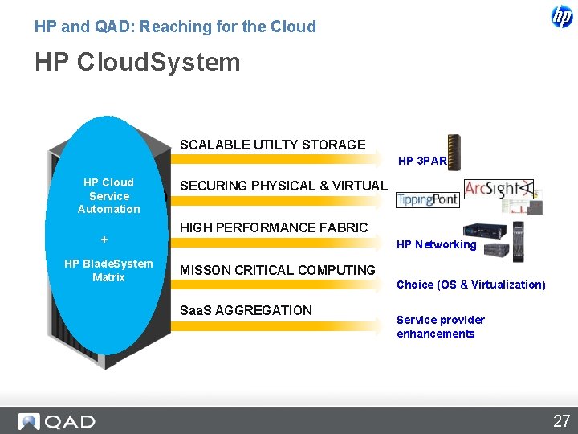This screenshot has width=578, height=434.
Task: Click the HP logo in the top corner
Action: click(x=562, y=16)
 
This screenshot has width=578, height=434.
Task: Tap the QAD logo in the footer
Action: click(x=57, y=421)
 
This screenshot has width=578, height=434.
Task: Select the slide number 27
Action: click(x=560, y=420)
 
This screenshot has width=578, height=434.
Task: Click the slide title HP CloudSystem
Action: click(x=137, y=62)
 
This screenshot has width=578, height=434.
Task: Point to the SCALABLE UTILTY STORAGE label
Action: click(x=272, y=145)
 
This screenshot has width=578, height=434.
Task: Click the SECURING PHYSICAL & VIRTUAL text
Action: click(x=283, y=186)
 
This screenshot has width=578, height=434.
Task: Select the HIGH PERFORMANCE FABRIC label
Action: click(x=274, y=227)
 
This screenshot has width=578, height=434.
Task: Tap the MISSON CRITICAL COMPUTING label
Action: click(x=277, y=270)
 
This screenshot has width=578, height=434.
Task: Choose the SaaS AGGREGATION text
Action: click(x=246, y=310)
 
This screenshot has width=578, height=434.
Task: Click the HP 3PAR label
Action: click(x=422, y=161)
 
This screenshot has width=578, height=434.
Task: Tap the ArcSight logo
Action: click(x=498, y=190)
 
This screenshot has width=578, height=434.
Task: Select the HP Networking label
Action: click(x=436, y=244)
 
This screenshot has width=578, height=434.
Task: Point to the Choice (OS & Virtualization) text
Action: click(x=470, y=285)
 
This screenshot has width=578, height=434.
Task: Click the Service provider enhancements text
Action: click(x=440, y=327)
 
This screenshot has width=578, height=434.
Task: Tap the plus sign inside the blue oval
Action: click(x=104, y=240)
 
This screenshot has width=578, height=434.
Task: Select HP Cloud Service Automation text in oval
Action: click(x=108, y=195)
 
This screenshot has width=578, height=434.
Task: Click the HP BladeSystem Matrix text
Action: click(x=108, y=270)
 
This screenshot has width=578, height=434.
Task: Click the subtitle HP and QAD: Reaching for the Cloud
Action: click(x=175, y=27)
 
